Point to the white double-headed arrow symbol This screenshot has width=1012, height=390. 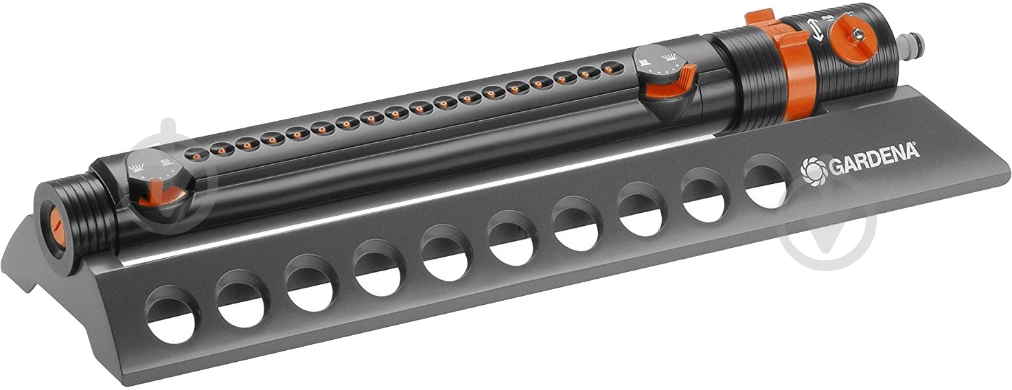[816, 29]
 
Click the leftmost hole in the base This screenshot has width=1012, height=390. [172, 314]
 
